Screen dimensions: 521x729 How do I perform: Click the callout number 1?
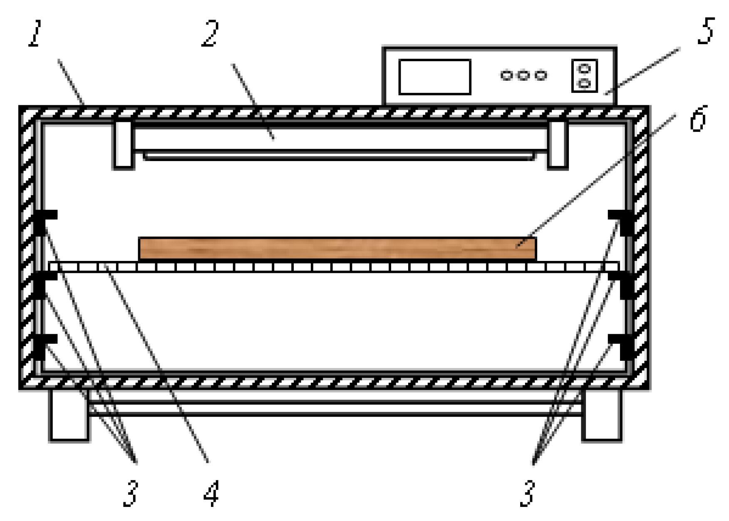[36, 33]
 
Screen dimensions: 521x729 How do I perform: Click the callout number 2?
[210, 33]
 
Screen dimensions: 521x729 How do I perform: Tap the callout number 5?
[706, 31]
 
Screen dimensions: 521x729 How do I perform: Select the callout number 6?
[699, 119]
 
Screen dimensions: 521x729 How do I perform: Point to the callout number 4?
[211, 494]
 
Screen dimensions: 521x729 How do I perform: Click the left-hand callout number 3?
[131, 494]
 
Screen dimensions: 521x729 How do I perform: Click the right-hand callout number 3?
[528, 494]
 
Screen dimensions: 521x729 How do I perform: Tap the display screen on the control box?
[434, 77]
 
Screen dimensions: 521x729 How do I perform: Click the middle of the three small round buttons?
[523, 75]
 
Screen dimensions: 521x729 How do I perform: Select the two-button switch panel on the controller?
[584, 76]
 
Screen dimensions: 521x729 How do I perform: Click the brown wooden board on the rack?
[337, 248]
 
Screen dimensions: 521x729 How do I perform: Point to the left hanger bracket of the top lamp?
[123, 145]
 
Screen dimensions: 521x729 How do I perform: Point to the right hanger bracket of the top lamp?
[557, 145]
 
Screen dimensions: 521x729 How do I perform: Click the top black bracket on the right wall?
[623, 221]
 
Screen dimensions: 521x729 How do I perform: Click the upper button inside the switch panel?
[584, 68]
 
